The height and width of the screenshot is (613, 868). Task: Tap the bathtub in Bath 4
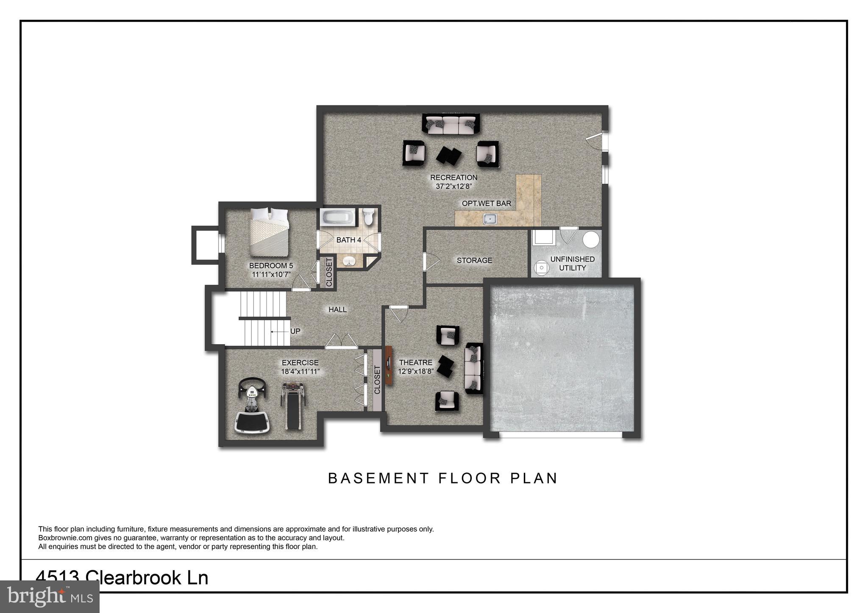click(x=338, y=218)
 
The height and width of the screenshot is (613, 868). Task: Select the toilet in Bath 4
click(x=368, y=216)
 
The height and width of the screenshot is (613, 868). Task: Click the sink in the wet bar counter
click(x=490, y=219)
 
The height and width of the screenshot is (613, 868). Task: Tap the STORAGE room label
click(x=474, y=260)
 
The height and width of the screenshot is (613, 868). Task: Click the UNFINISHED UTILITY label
click(x=572, y=263)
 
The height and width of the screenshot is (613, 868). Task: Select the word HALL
click(x=337, y=309)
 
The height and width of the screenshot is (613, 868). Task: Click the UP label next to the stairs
click(x=295, y=331)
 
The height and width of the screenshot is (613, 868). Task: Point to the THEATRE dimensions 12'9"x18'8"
click(x=415, y=372)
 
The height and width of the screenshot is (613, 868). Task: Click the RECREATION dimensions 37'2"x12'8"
click(x=453, y=186)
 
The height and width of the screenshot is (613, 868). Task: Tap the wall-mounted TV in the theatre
click(x=389, y=365)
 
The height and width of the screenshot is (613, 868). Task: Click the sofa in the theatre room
click(x=474, y=368)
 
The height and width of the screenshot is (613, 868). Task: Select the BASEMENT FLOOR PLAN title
click(x=442, y=478)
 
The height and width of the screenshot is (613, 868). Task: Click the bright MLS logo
click(x=50, y=597)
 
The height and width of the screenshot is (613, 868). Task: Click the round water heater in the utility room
click(x=591, y=240)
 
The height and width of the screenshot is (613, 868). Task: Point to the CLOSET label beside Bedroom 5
click(x=329, y=272)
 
